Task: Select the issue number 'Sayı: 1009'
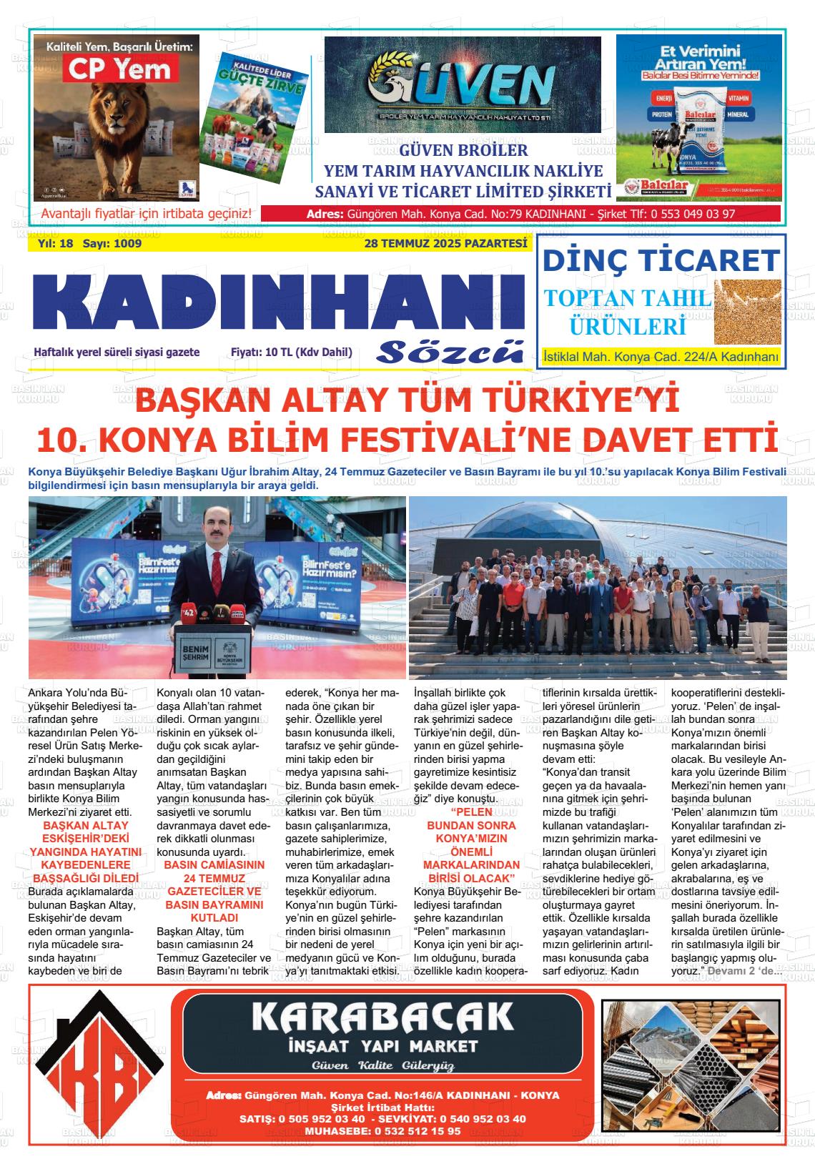coord(112,244)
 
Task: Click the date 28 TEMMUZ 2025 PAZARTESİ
coord(445,244)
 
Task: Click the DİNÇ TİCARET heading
coord(660,260)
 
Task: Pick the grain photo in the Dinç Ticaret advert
coord(746,312)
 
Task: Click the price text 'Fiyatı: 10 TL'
coord(292,352)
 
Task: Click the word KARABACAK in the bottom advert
coord(383,1016)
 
